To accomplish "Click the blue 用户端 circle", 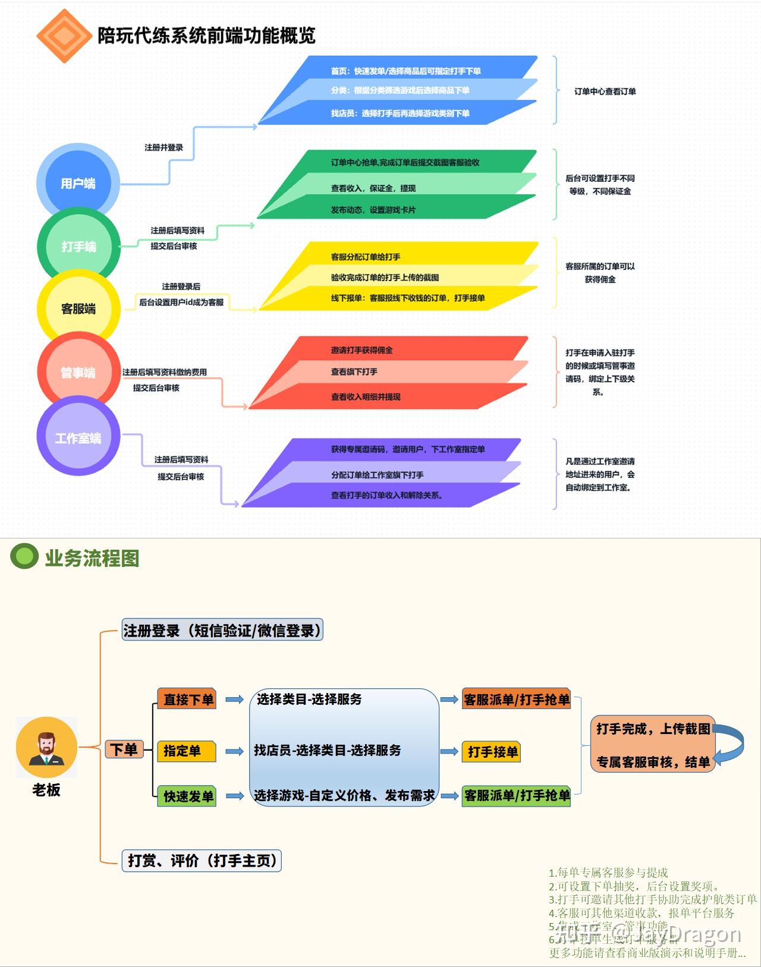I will tap(78, 182).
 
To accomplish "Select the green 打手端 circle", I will tap(78, 246).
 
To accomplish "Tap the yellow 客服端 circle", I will tap(78, 308).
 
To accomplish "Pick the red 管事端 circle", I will tap(78, 373).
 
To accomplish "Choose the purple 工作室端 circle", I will tap(78, 437).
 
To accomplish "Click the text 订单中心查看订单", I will tap(605, 92).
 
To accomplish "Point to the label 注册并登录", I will tap(163, 147).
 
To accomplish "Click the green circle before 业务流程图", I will tap(24, 556).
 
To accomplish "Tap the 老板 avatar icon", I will tap(46, 747).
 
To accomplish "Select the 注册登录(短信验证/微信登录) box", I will tap(222, 630).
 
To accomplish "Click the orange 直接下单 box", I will tap(187, 699).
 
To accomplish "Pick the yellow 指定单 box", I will tap(186, 751).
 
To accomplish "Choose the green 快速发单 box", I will tap(187, 796).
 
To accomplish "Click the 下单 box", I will tap(124, 749).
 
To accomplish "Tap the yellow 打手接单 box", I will tap(492, 752).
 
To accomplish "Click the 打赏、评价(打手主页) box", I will tap(202, 860).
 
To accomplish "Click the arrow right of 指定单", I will tap(235, 751).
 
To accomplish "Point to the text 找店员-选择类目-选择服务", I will tap(328, 750).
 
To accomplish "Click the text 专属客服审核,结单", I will tap(653, 762).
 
